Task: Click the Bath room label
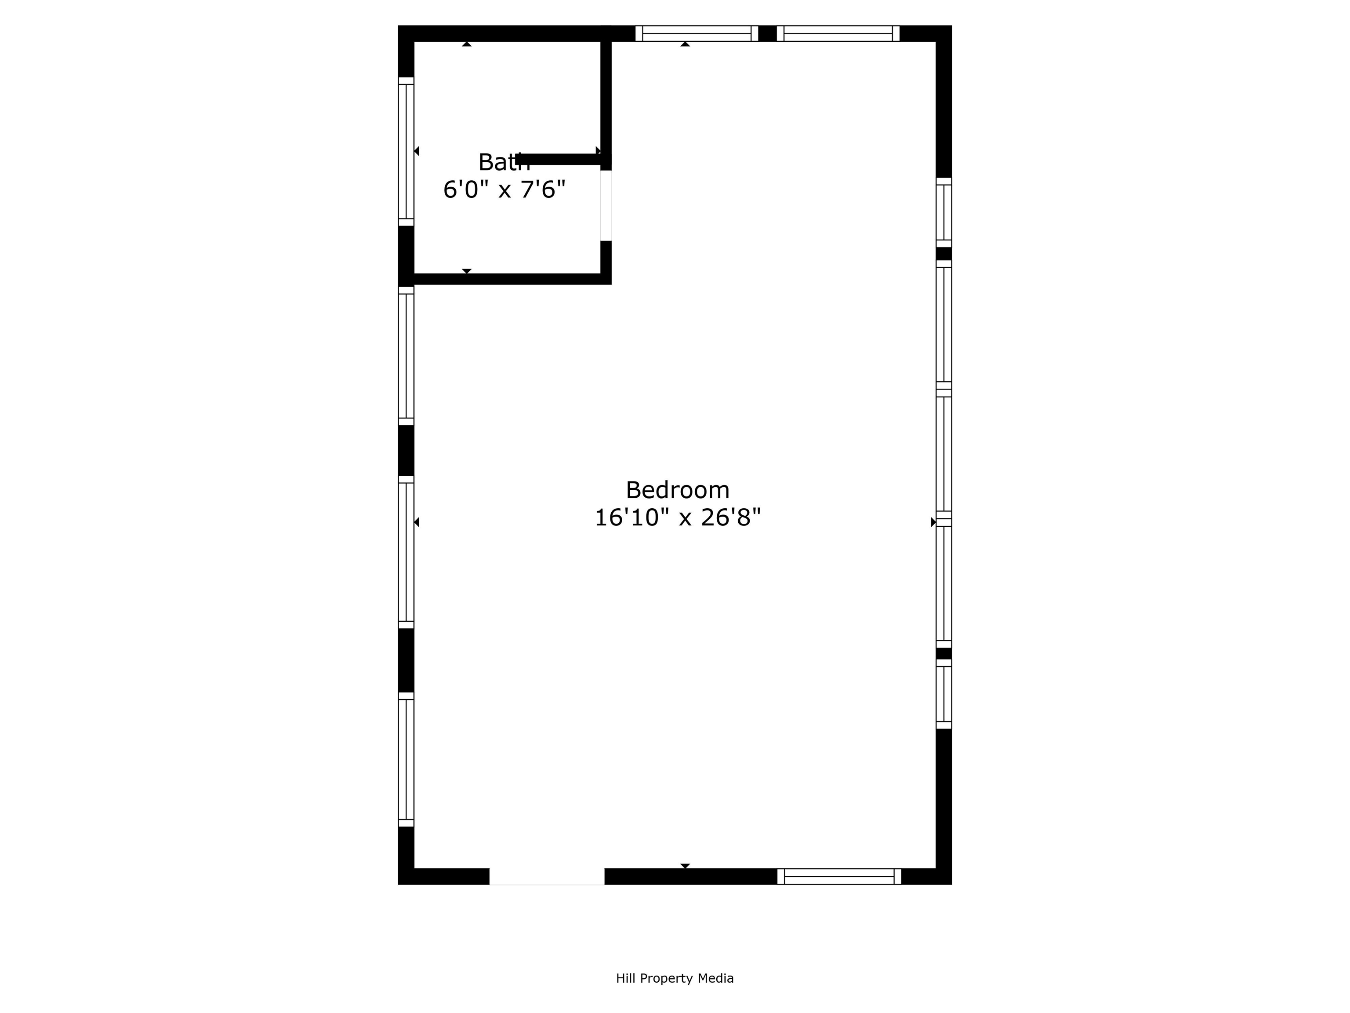pos(504,162)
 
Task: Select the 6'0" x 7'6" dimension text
pos(504,190)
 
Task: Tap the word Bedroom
pos(678,490)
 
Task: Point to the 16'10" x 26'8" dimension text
pos(678,518)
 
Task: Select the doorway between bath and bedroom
pos(606,205)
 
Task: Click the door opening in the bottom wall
pos(547,876)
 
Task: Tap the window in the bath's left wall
pos(406,151)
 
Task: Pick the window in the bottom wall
pos(839,876)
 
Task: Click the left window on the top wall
pos(697,33)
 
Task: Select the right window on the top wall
pos(838,33)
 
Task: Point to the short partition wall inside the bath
pos(559,159)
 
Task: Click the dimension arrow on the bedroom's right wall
pos(933,522)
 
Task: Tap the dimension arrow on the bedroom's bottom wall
pos(685,866)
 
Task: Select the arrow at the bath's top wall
pos(467,44)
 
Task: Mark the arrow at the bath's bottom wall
pos(467,270)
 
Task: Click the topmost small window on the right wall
pos(944,212)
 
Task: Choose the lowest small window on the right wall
pos(944,694)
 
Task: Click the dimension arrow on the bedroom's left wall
pos(417,522)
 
